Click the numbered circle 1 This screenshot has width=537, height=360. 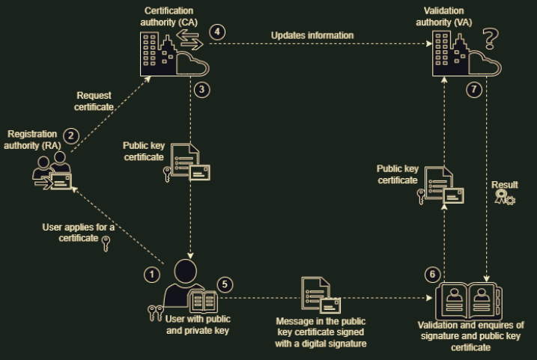[x=152, y=275]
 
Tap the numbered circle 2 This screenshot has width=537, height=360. [x=71, y=135]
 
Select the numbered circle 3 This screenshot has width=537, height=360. [x=201, y=89]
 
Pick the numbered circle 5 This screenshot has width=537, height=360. [x=228, y=285]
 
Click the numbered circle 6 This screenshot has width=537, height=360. [x=431, y=274]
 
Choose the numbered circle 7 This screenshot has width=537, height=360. [x=472, y=89]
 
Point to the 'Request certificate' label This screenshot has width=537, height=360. [x=95, y=101]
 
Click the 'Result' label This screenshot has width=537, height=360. [x=504, y=184]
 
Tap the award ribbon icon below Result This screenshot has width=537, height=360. [x=504, y=198]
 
